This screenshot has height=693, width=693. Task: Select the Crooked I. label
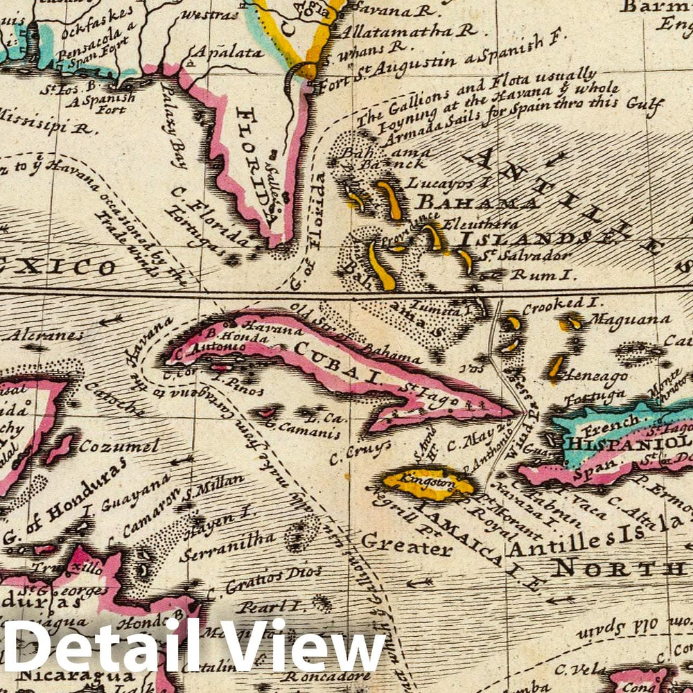coord(554,303)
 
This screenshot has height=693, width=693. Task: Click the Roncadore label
coord(319,674)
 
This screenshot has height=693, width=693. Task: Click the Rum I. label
coord(543,274)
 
